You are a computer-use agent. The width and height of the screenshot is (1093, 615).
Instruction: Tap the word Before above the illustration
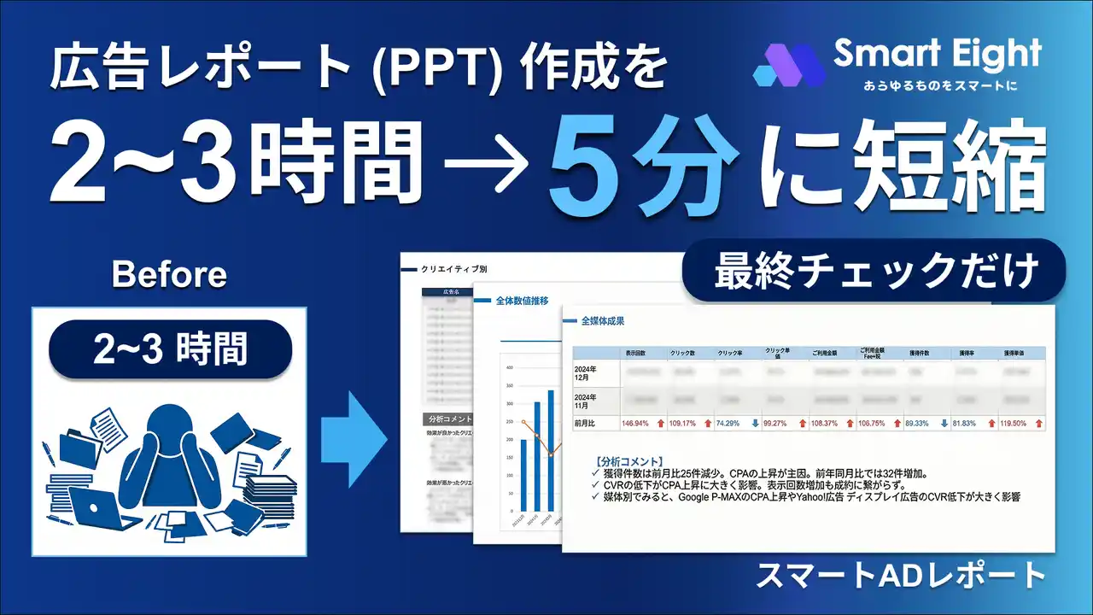(169, 274)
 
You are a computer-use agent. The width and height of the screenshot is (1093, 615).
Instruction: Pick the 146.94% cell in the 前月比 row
(635, 423)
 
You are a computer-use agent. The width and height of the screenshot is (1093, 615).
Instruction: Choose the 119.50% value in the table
(1010, 423)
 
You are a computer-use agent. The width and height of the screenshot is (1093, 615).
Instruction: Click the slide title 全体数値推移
(523, 301)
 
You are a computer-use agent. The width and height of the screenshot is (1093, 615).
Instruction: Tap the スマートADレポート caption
(900, 575)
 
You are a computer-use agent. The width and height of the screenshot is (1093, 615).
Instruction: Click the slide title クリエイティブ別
(453, 268)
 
